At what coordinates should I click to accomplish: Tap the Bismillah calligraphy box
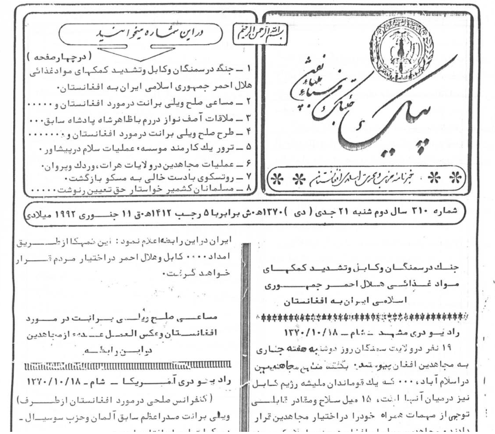coord(257,31)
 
